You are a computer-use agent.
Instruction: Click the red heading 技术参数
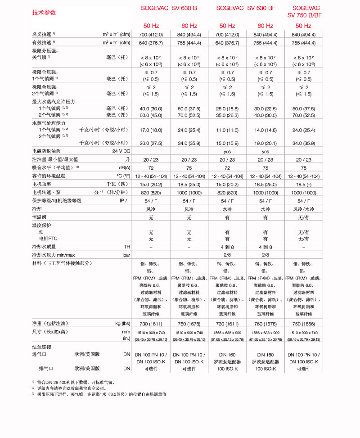44,12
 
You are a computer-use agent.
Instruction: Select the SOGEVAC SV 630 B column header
170,8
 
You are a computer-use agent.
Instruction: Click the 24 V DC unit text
121,152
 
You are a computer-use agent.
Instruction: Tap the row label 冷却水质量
44,247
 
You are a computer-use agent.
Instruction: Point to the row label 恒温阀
39,217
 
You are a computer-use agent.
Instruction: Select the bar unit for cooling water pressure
126,255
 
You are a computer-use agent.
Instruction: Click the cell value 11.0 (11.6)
227,130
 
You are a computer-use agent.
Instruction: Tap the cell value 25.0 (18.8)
227,108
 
